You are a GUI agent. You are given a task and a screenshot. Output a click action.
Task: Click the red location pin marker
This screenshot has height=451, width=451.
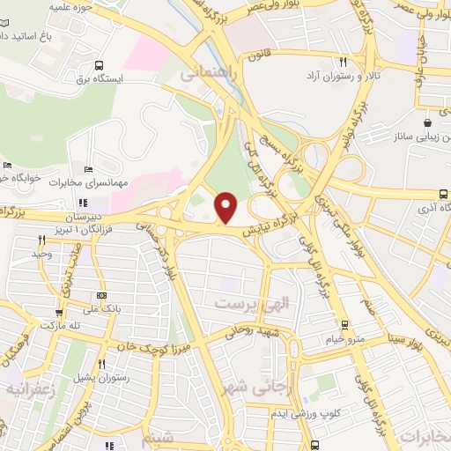tap(226, 207)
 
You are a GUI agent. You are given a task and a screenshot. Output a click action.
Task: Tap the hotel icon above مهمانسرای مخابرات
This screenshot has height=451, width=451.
tap(86, 169)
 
